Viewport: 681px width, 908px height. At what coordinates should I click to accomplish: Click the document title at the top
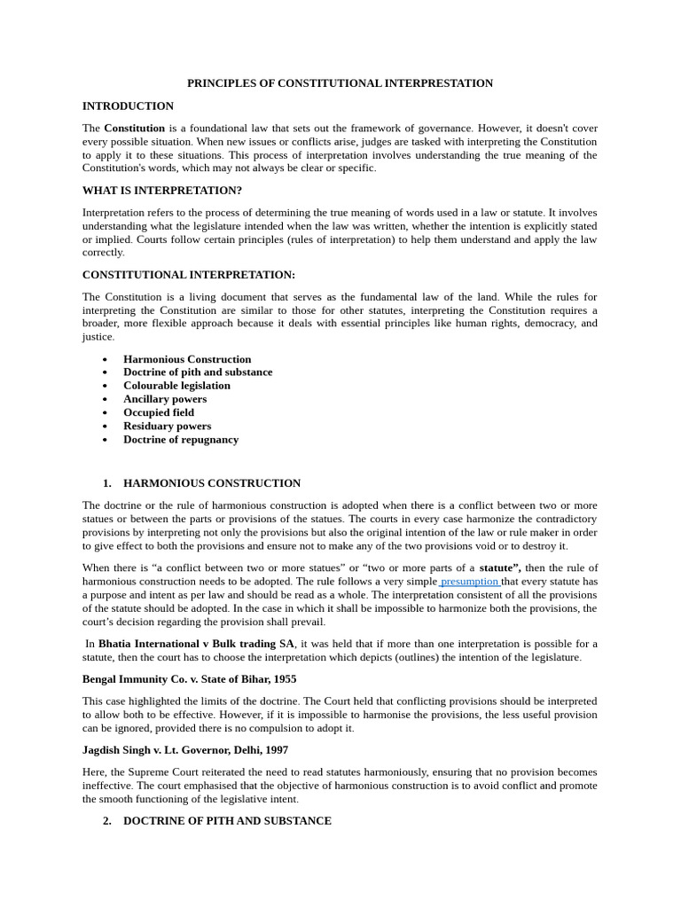[340, 83]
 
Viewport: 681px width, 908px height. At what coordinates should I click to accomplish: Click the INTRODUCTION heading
[128, 106]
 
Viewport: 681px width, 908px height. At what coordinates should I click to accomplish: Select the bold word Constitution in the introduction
[134, 128]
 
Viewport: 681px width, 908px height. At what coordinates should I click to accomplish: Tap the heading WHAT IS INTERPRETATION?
[162, 191]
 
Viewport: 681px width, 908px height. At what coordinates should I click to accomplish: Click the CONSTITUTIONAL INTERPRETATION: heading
[189, 275]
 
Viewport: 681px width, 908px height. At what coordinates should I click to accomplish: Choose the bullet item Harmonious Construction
[187, 359]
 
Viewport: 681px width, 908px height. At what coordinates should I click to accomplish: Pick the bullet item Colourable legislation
[176, 386]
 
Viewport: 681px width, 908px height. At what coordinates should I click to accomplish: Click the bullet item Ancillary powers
[165, 399]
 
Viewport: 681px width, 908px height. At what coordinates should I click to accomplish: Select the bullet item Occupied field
[159, 412]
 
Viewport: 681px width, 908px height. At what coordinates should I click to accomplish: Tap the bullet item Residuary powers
[167, 426]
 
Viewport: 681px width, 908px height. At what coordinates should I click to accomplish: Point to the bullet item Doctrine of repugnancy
[181, 439]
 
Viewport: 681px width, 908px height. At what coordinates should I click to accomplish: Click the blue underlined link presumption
[469, 582]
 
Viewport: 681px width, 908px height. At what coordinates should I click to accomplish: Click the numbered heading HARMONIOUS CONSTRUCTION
[212, 483]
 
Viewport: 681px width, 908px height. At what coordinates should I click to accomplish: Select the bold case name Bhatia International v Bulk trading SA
[196, 644]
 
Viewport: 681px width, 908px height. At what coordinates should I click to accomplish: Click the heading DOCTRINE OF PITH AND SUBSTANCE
[227, 821]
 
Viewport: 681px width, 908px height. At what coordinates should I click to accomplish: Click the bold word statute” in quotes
[500, 567]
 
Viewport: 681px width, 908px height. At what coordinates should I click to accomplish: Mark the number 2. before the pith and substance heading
[107, 821]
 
